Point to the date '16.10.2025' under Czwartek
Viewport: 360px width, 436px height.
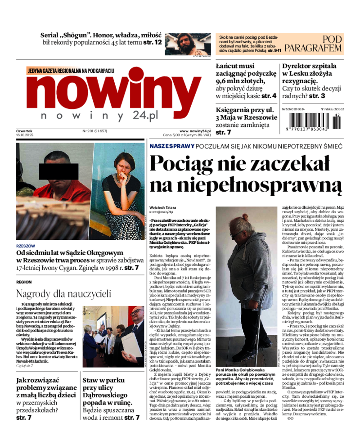(x=26, y=135)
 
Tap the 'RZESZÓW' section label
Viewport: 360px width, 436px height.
(x=25, y=246)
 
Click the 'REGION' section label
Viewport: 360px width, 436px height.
(x=24, y=282)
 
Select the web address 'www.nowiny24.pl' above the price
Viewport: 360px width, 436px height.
(x=195, y=131)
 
